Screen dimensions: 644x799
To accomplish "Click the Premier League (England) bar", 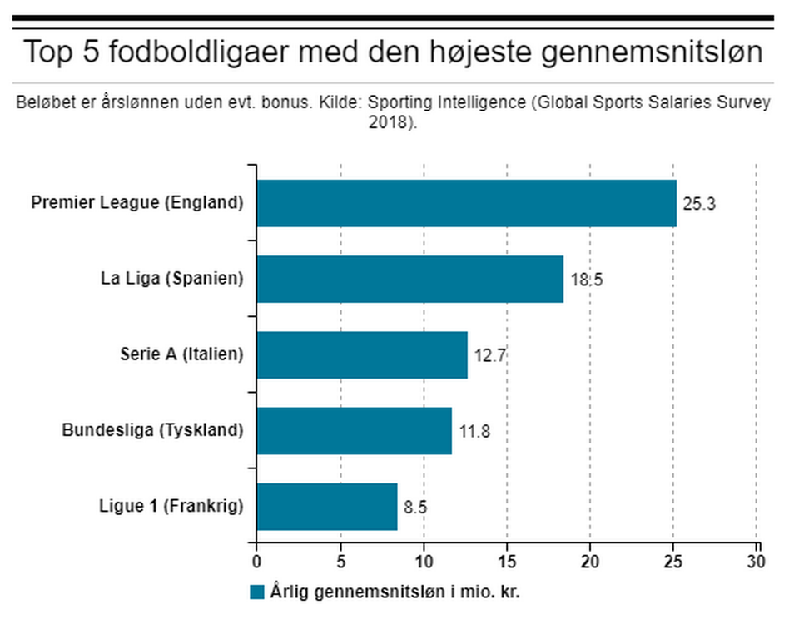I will (x=466, y=203).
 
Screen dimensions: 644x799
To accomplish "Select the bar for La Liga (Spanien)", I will (x=409, y=279).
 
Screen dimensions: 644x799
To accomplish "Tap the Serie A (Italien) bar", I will (x=361, y=354).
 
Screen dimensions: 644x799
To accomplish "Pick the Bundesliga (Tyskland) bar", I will (x=354, y=430).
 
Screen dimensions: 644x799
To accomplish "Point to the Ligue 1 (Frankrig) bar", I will (x=326, y=506).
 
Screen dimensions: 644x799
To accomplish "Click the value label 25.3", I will (x=699, y=204).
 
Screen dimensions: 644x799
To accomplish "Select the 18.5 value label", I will (x=586, y=280).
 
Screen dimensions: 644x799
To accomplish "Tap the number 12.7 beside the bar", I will (x=490, y=355).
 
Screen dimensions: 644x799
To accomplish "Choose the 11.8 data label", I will (x=475, y=431).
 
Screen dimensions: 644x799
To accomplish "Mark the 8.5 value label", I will (x=416, y=507).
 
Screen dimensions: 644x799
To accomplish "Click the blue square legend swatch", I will (x=256, y=592).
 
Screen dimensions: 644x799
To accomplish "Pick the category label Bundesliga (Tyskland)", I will (x=152, y=430).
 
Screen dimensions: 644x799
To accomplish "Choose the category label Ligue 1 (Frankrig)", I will (x=171, y=506).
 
